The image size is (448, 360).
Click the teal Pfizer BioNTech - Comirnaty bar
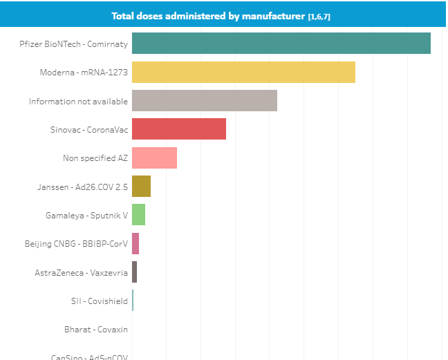click(x=281, y=43)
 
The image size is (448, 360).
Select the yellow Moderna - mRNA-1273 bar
click(x=243, y=72)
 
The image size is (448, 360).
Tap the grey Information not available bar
click(x=205, y=101)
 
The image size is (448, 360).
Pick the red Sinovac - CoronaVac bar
click(x=178, y=129)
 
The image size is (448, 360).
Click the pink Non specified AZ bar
click(x=154, y=158)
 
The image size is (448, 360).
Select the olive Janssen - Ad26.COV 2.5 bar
click(x=141, y=187)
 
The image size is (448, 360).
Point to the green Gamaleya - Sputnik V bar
click(x=138, y=215)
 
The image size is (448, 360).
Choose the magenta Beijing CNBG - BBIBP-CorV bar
click(x=136, y=243)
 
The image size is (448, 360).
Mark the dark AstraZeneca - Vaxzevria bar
click(x=134, y=272)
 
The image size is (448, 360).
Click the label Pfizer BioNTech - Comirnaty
click(x=74, y=44)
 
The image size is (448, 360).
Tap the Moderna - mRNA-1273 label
click(x=84, y=73)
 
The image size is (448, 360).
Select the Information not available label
click(x=78, y=101)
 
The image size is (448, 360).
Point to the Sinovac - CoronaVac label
click(x=88, y=129)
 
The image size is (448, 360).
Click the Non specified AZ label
click(x=95, y=158)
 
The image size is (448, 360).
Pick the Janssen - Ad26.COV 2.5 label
click(x=82, y=187)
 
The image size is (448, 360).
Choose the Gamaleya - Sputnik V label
click(x=86, y=215)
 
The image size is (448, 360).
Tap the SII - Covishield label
click(x=99, y=301)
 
